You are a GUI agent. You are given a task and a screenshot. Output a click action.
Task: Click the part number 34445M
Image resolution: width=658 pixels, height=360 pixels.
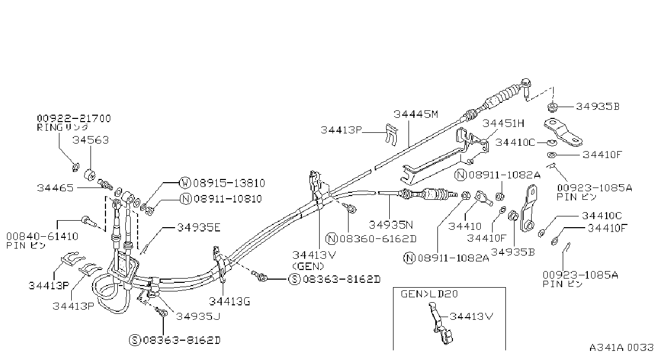[x=415, y=114]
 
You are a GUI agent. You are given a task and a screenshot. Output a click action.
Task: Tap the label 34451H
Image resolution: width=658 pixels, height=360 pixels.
[x=503, y=123]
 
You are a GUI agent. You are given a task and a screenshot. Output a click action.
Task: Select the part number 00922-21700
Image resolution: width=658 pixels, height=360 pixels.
[x=74, y=118]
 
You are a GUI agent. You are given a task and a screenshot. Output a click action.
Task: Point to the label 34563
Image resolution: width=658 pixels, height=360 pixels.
[x=90, y=140]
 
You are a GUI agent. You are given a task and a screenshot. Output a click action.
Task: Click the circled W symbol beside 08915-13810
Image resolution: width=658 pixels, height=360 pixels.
[x=185, y=183]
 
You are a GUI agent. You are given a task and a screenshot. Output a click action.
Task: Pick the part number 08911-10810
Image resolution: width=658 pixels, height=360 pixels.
[x=228, y=199]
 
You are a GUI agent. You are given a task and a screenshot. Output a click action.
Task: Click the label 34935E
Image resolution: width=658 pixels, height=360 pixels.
[x=199, y=228]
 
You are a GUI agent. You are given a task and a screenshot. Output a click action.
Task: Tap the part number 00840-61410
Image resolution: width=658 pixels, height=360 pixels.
[x=42, y=236]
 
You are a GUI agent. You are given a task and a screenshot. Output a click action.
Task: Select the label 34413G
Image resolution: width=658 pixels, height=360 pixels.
[x=230, y=302]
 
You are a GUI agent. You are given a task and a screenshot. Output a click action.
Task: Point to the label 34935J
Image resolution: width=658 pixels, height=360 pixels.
[x=198, y=316]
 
